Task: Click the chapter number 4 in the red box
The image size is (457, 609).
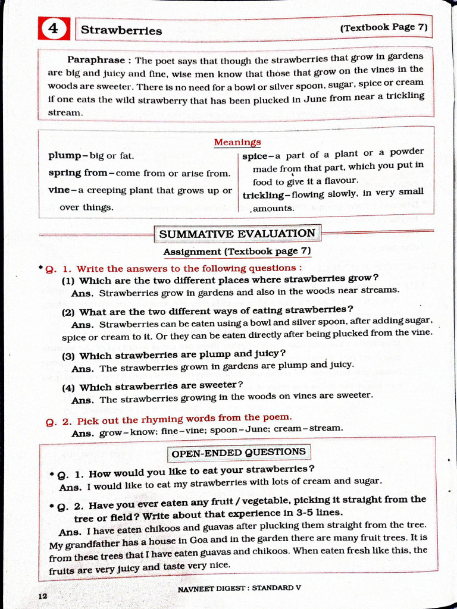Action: pyautogui.click(x=54, y=29)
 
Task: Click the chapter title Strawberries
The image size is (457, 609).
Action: pyautogui.click(x=121, y=30)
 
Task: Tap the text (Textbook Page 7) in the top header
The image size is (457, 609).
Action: pyautogui.click(x=384, y=27)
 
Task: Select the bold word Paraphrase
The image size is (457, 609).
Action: pyautogui.click(x=96, y=60)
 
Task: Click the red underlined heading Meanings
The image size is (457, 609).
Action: pyautogui.click(x=237, y=142)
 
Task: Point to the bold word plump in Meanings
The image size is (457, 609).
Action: pyautogui.click(x=65, y=156)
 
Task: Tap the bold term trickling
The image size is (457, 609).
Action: pyautogui.click(x=264, y=194)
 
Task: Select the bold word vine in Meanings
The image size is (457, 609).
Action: pyautogui.click(x=59, y=190)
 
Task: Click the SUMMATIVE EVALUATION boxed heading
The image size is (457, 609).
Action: pyautogui.click(x=237, y=234)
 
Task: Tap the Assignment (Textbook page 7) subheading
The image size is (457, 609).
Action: pyautogui.click(x=237, y=252)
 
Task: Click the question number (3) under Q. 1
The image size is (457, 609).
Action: pyautogui.click(x=69, y=356)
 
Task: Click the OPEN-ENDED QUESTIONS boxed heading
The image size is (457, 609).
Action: pyautogui.click(x=238, y=453)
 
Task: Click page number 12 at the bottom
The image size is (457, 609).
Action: pyautogui.click(x=42, y=596)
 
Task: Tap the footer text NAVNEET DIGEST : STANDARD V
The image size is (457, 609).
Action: pyautogui.click(x=239, y=588)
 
